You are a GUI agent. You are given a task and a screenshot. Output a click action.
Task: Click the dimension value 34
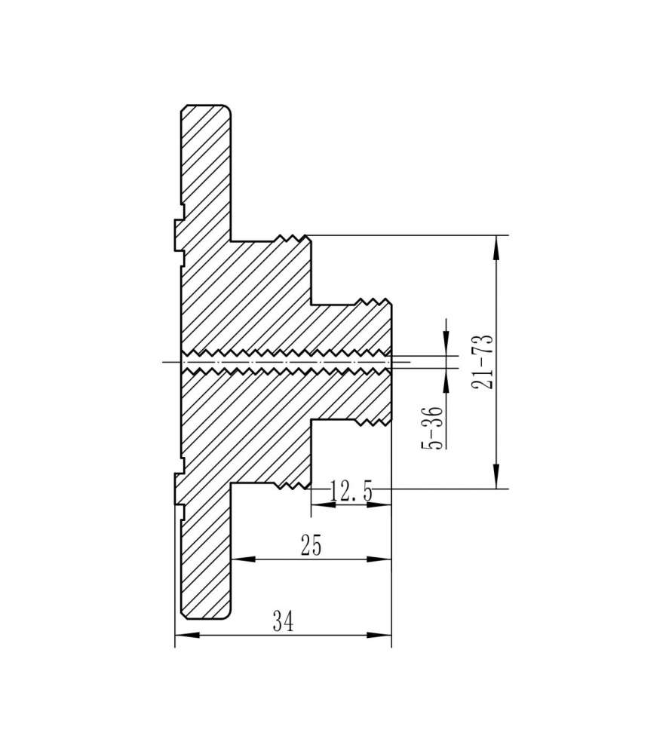click(x=283, y=621)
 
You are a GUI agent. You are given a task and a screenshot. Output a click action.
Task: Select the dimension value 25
click(x=311, y=545)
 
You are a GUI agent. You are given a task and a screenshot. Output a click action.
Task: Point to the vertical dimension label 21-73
click(x=483, y=361)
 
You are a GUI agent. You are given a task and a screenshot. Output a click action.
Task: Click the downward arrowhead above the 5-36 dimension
click(x=446, y=344)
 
